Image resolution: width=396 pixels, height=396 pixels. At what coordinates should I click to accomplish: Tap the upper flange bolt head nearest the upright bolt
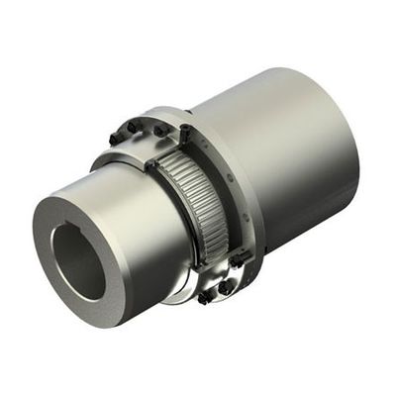157,130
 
